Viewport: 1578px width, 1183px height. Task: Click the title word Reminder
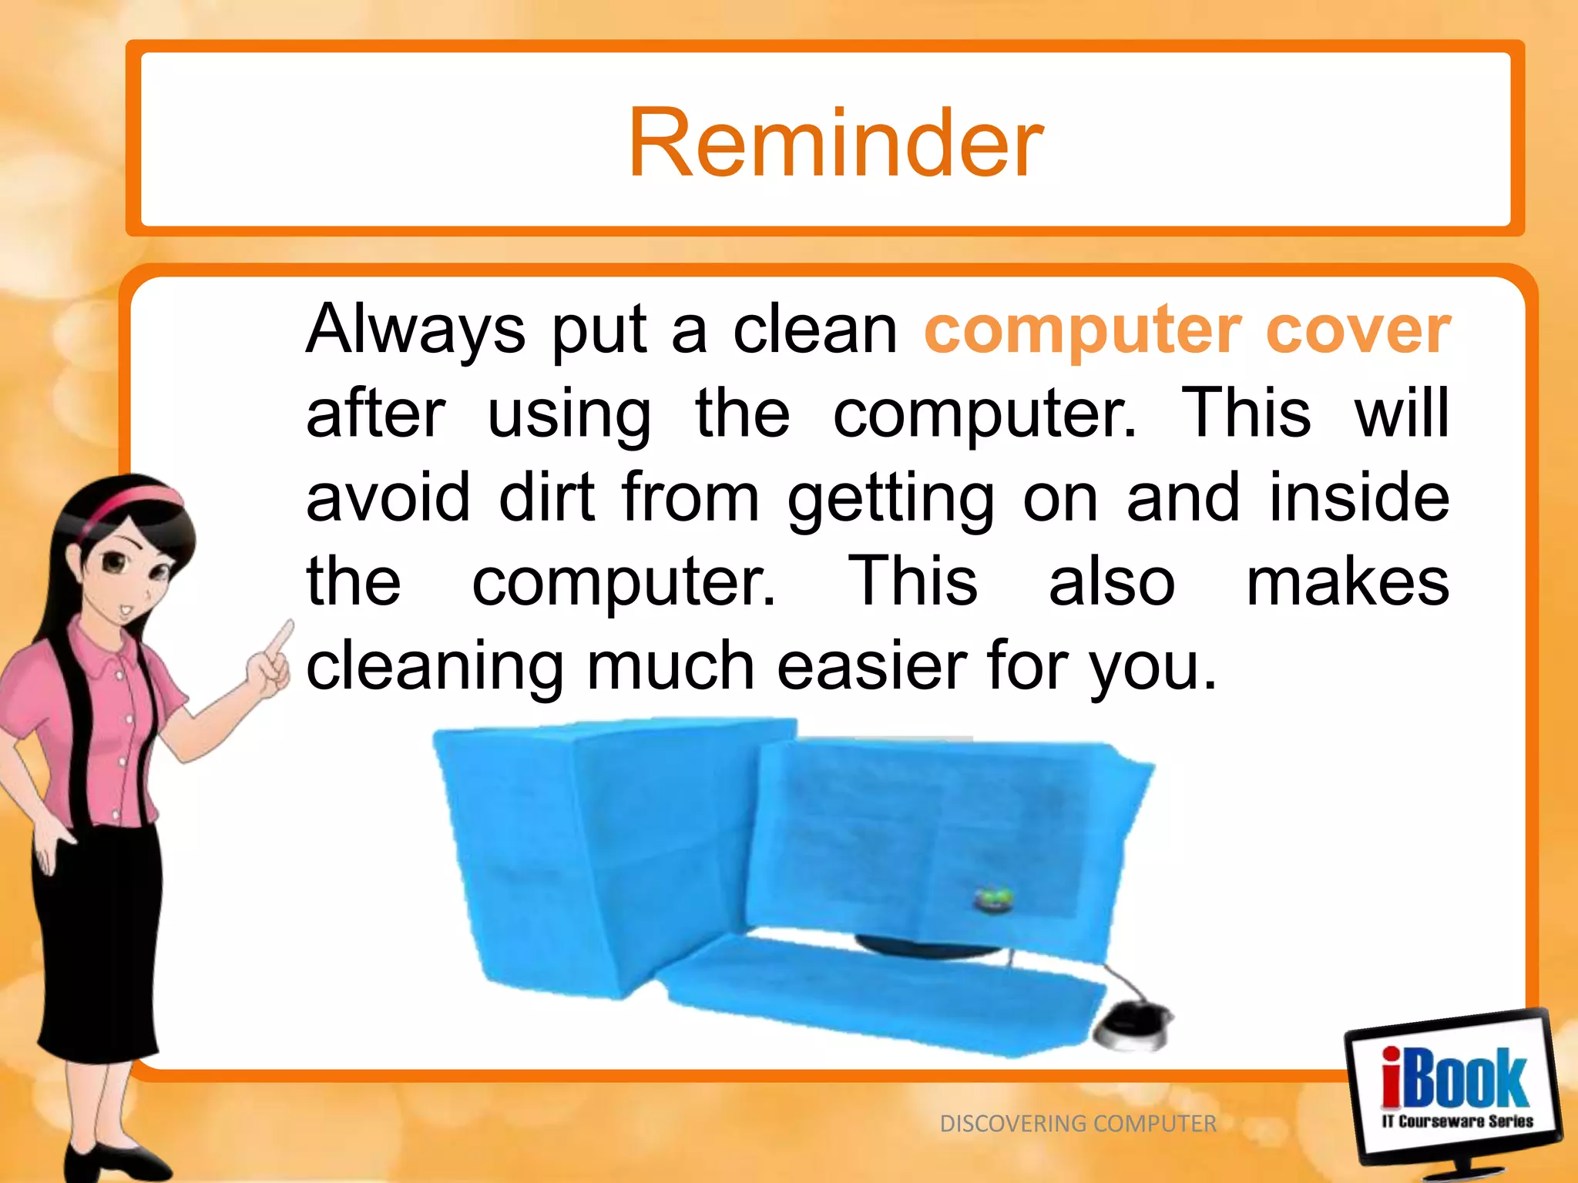click(x=835, y=144)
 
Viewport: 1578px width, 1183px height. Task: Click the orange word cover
click(x=1358, y=330)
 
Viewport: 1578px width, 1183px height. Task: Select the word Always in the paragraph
click(x=415, y=330)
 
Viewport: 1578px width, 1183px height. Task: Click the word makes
click(x=1347, y=581)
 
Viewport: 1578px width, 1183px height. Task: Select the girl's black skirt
click(x=96, y=940)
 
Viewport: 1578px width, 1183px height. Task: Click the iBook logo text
click(x=1453, y=1078)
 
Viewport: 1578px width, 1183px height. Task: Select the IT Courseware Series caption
click(x=1456, y=1121)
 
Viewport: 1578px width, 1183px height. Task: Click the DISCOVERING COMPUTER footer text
click(x=1077, y=1124)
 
